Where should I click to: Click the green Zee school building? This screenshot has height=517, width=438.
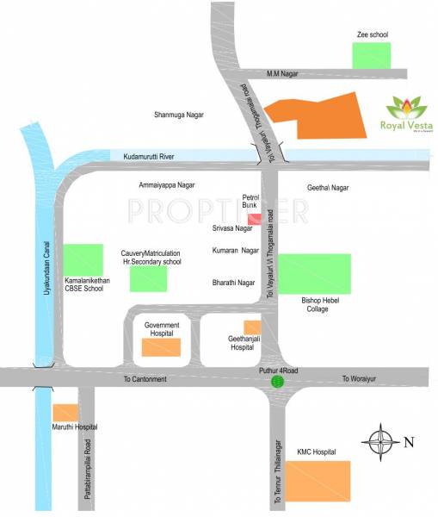370,56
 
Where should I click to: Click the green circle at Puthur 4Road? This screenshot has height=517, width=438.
277,381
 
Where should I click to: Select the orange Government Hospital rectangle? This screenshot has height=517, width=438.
161,346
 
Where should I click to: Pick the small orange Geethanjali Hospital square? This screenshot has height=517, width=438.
252,327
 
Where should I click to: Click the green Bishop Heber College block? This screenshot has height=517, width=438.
315,274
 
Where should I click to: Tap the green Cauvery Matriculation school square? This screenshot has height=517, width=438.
148,278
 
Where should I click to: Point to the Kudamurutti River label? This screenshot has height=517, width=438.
149,156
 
